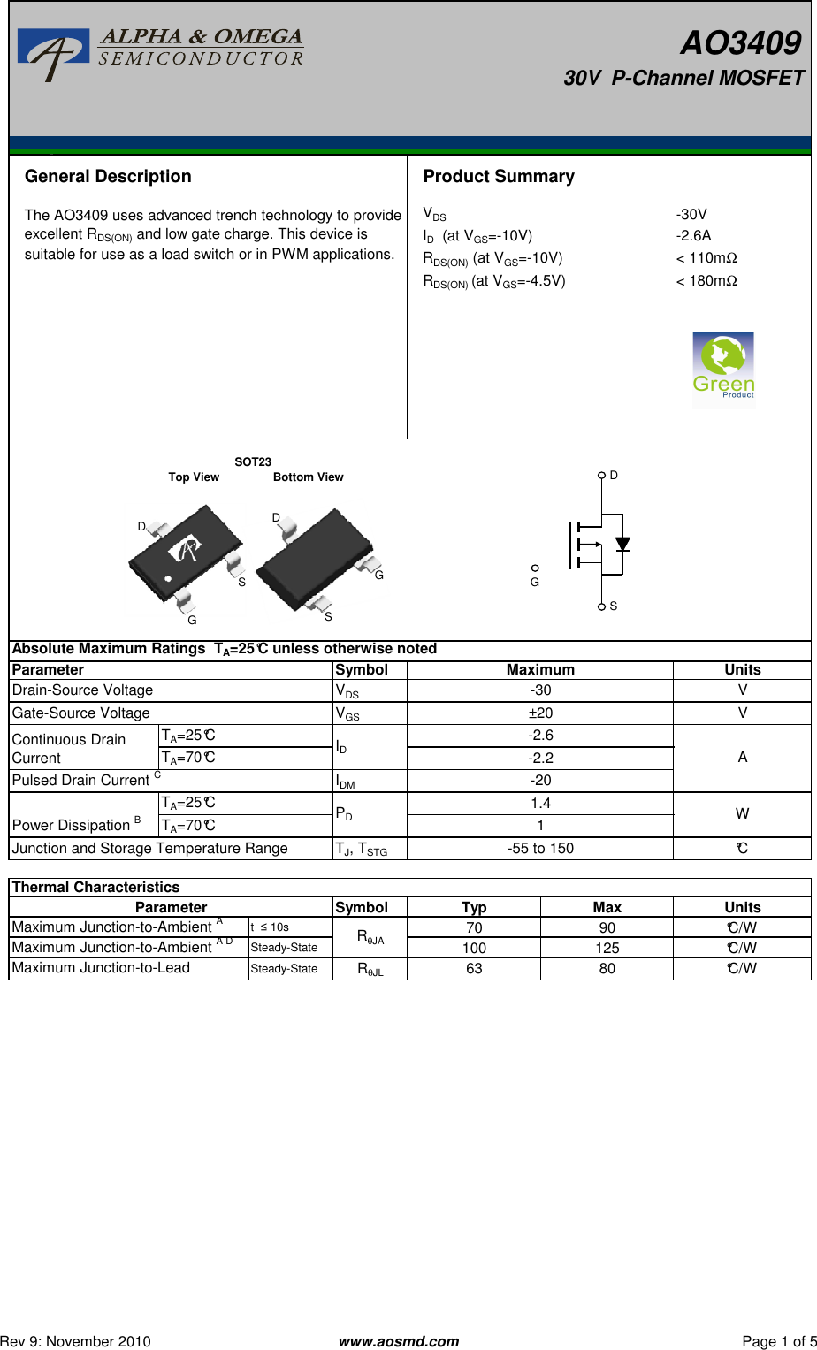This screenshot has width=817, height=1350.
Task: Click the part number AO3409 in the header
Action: coord(740,42)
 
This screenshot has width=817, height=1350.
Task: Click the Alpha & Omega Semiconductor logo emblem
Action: coord(54,54)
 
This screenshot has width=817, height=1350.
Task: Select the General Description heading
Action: coord(108,176)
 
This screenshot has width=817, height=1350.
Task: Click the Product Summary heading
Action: coord(499,176)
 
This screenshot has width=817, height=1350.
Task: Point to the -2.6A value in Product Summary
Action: coord(693,235)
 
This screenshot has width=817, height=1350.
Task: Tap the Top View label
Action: coord(194,477)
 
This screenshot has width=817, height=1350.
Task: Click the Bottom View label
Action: coord(308,477)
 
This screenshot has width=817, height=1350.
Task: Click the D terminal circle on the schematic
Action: coord(601,475)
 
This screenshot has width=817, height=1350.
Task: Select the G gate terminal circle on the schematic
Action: coord(535,568)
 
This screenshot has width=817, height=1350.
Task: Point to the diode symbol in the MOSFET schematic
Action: coord(622,544)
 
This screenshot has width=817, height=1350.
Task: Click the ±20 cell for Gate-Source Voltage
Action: coord(540,713)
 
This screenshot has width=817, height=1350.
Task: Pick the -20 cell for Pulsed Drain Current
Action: coord(540,780)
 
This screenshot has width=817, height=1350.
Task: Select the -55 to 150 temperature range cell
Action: coord(540,848)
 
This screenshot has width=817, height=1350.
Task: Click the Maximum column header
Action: coord(540,669)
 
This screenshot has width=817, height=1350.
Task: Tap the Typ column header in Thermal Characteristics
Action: coord(474,907)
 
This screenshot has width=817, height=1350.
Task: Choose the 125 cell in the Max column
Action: coord(607,948)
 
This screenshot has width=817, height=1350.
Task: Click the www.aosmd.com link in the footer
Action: coord(399,1341)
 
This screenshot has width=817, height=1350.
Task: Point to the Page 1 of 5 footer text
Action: coord(779,1341)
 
